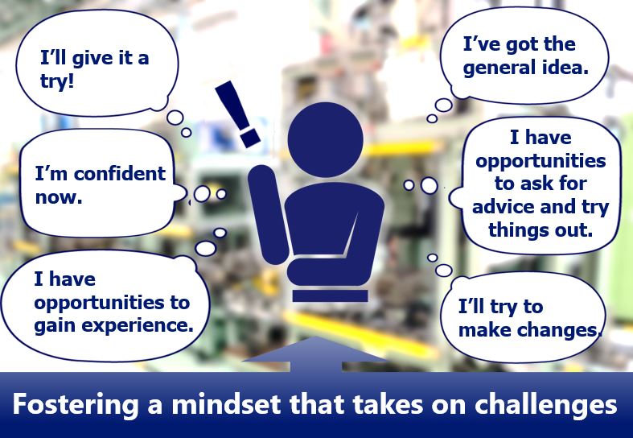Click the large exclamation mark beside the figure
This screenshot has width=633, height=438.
pyautogui.click(x=237, y=114)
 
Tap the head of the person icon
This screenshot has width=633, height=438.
pyautogui.click(x=326, y=139)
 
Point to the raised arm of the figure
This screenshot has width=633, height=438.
pyautogui.click(x=267, y=214)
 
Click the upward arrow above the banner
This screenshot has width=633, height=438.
pyautogui.click(x=316, y=354)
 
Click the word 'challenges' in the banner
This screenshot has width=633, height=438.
pyautogui.click(x=546, y=404)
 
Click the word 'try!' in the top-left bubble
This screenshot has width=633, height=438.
pyautogui.click(x=57, y=81)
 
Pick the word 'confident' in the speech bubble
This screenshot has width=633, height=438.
pyautogui.click(x=120, y=174)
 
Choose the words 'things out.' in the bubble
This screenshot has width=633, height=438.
pyautogui.click(x=541, y=230)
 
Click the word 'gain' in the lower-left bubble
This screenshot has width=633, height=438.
pyautogui.click(x=57, y=326)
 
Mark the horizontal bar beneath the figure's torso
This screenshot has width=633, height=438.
pyautogui.click(x=331, y=295)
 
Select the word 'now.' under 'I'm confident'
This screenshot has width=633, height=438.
pyautogui.click(x=59, y=197)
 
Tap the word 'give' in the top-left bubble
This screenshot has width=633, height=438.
pyautogui.click(x=89, y=59)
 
